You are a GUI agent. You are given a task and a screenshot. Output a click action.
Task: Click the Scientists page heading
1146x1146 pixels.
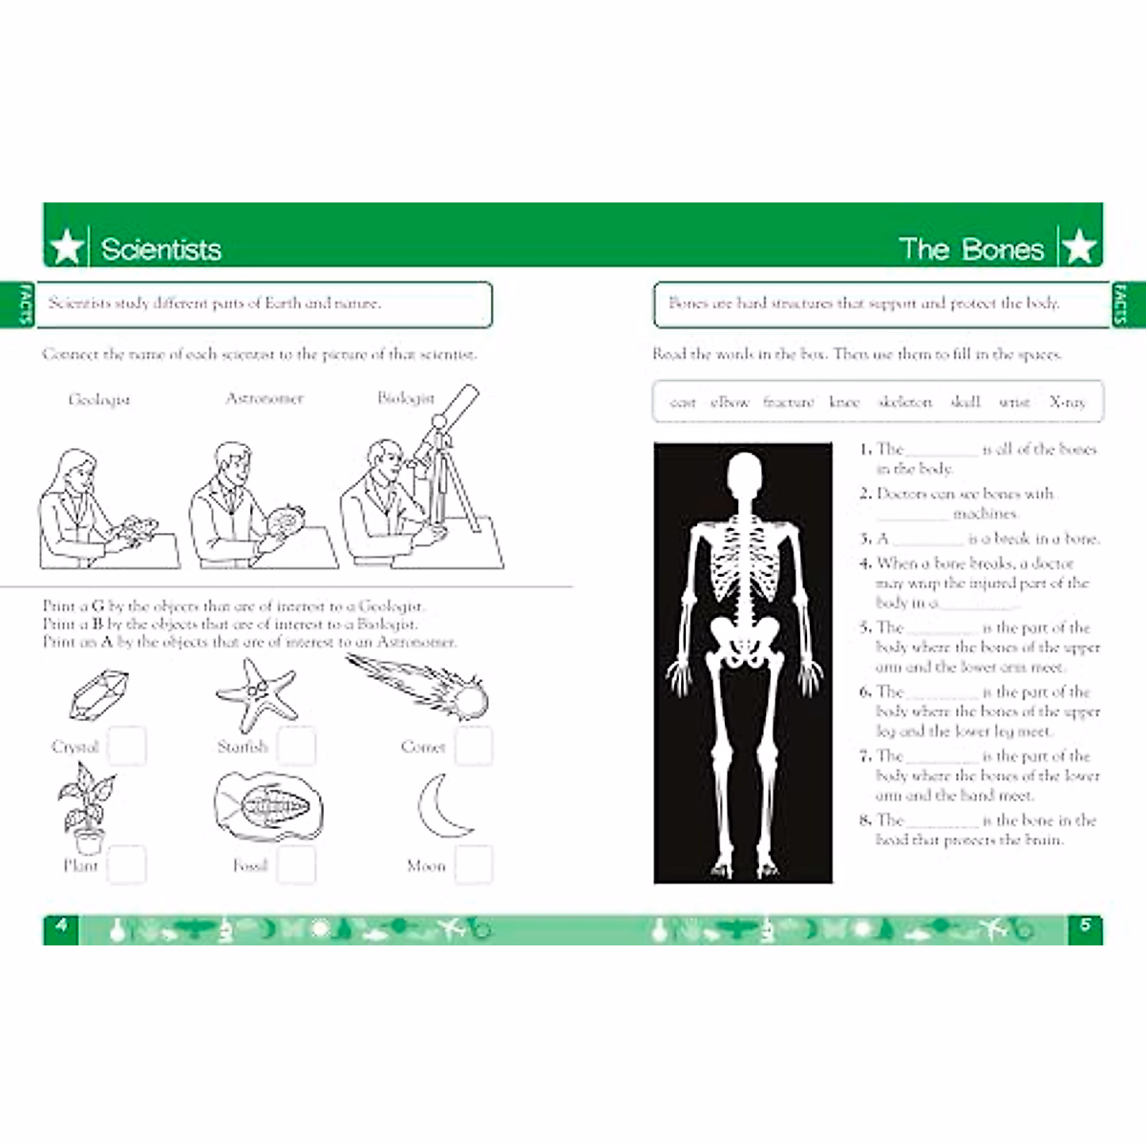pyautogui.click(x=160, y=249)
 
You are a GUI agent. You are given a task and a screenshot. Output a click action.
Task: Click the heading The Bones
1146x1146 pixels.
pyautogui.click(x=971, y=249)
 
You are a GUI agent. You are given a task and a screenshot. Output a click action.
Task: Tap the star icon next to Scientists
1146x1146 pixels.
pyautogui.click(x=67, y=247)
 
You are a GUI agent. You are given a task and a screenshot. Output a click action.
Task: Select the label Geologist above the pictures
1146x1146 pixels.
pyautogui.click(x=98, y=399)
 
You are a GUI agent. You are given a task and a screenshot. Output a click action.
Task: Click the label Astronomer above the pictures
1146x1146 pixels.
pyautogui.click(x=265, y=398)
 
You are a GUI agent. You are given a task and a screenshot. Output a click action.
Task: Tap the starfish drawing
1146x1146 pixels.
pyautogui.click(x=255, y=694)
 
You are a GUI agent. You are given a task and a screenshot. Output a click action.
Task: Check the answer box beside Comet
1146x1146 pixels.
pyautogui.click(x=474, y=746)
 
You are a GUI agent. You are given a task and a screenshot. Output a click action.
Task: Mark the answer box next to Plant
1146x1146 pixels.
pyautogui.click(x=126, y=864)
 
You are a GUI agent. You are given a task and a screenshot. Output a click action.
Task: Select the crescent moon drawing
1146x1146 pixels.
pyautogui.click(x=442, y=806)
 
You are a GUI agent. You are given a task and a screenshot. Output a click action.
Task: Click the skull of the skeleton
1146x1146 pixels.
pyautogui.click(x=744, y=477)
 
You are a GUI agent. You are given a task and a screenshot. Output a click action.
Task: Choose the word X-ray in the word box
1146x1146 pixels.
pyautogui.click(x=1067, y=402)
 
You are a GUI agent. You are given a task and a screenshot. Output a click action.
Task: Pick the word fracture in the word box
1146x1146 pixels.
pyautogui.click(x=788, y=402)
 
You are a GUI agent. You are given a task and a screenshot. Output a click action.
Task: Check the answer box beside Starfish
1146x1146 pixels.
pyautogui.click(x=296, y=746)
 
